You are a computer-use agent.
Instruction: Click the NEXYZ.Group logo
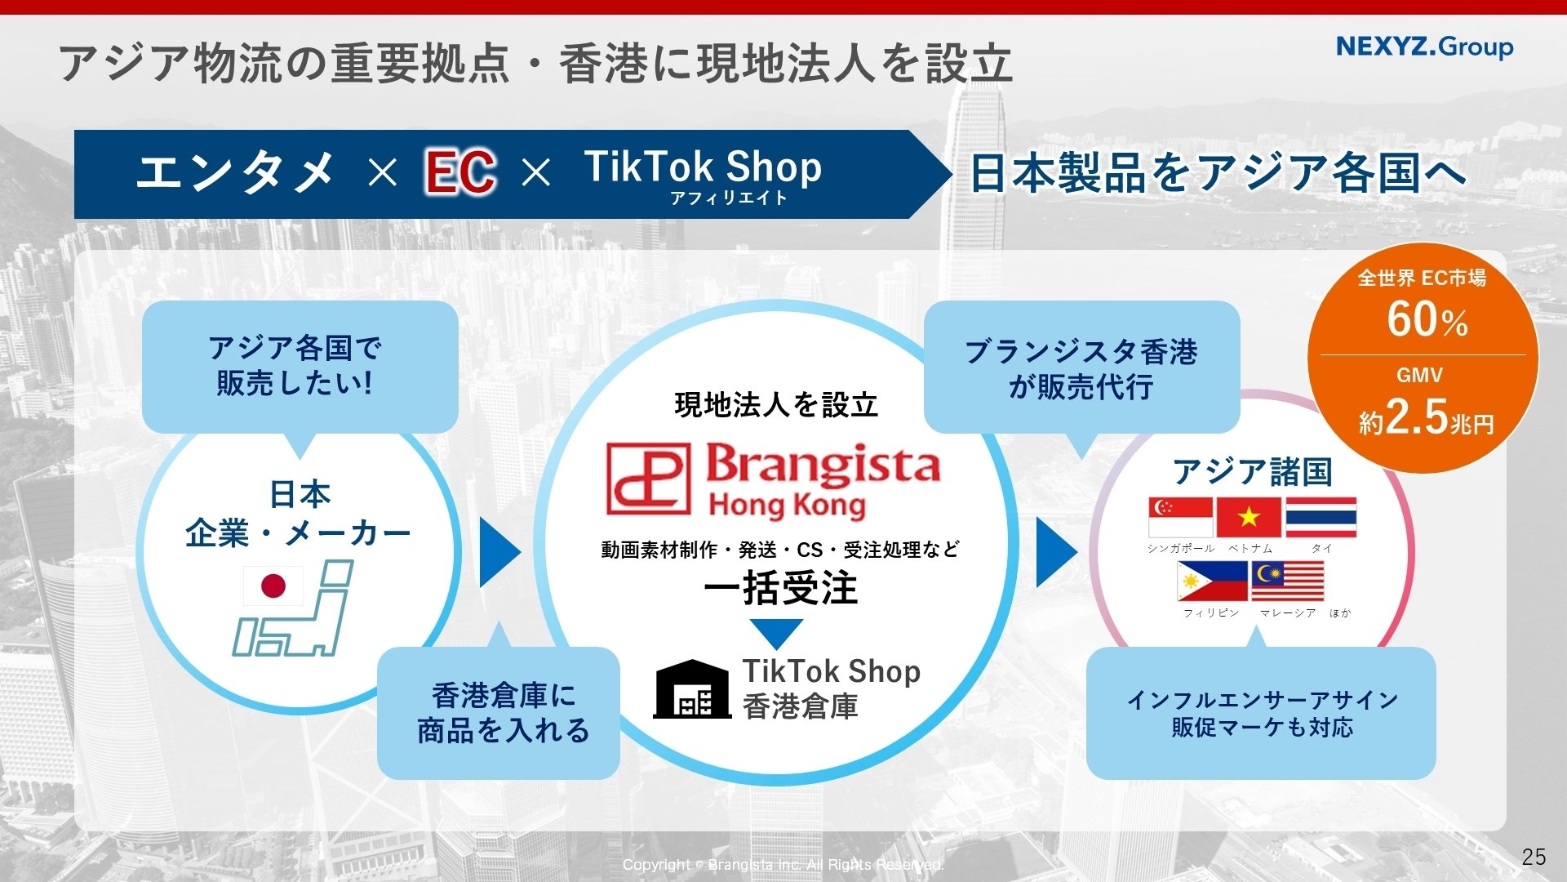pos(1424,47)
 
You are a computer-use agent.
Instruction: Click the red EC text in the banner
pos(460,172)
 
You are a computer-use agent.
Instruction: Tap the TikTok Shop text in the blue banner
pos(703,167)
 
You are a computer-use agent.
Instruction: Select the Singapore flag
pos(1180,517)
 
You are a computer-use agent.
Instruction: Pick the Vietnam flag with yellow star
pos(1249,517)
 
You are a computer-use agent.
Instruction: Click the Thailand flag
pos(1321,517)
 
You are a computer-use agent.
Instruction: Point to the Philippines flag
pos(1212,581)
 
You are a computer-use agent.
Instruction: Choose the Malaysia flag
pos(1287,581)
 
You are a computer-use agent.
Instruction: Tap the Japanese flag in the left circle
pos(273,586)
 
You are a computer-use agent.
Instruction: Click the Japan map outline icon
pos(294,608)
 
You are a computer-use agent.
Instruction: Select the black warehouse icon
pos(692,688)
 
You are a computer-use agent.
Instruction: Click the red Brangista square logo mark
pos(648,479)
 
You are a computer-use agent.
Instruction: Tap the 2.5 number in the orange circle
pos(1417,417)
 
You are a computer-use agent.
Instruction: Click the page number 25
pos(1534,857)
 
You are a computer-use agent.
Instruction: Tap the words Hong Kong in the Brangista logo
pos(788,506)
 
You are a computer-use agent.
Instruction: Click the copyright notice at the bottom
pos(783,865)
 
